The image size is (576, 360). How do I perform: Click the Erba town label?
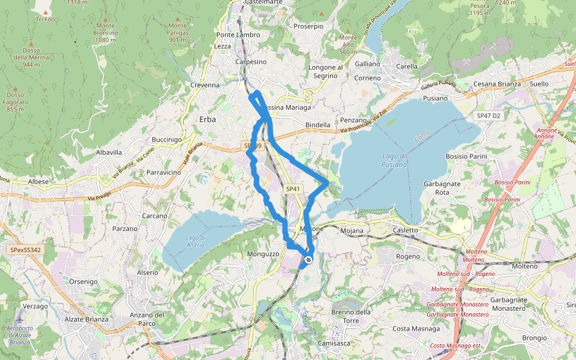point(207,119)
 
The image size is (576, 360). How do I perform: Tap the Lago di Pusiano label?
point(395,160)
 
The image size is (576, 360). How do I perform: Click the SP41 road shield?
point(292,189)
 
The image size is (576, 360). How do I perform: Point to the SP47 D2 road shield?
point(488,115)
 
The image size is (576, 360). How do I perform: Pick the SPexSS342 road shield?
point(25,250)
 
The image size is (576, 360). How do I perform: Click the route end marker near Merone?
point(308,260)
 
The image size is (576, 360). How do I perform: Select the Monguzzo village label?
point(263,254)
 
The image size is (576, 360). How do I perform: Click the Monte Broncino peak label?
point(105,33)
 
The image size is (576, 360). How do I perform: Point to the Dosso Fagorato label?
point(15,102)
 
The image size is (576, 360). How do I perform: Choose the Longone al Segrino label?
point(325,71)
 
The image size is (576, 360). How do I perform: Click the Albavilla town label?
point(109,152)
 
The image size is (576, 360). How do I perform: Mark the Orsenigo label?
point(83,281)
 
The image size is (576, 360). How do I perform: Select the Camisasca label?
point(334,344)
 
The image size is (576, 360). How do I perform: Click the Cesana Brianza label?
point(497,84)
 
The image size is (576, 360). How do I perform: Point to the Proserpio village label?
point(308,26)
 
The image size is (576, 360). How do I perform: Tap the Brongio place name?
point(534,338)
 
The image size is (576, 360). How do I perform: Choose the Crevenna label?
point(205,85)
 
